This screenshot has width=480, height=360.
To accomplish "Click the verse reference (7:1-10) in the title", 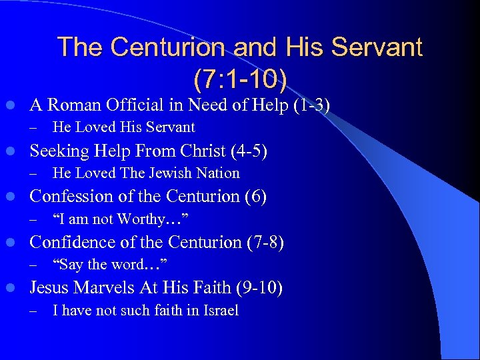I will pos(240,79).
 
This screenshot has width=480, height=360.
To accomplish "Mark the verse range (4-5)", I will pos(248,151).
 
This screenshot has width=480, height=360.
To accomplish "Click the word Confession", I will pos(70,197).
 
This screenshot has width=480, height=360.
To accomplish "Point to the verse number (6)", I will pos(256,197).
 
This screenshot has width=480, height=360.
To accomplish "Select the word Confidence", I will pos(71,243).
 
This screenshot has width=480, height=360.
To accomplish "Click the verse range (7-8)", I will pos(264,243).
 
